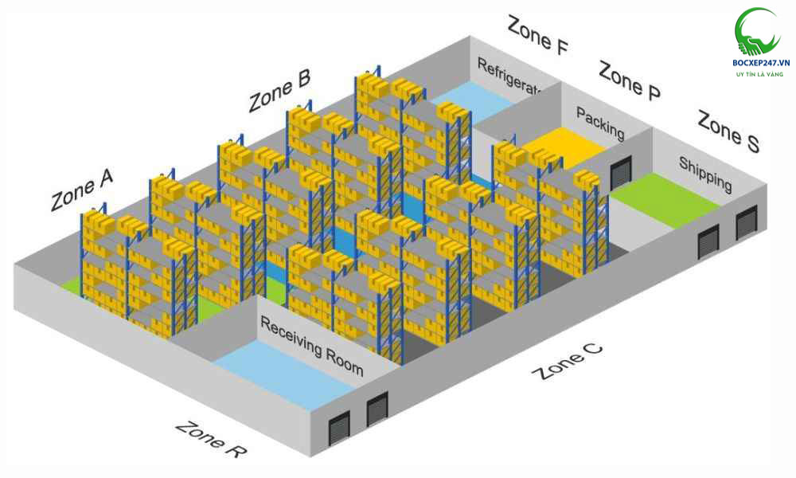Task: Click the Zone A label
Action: click(x=81, y=190)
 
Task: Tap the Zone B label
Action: click(x=279, y=91)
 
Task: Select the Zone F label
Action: click(x=537, y=36)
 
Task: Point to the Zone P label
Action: click(x=629, y=80)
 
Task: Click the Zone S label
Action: click(x=728, y=131)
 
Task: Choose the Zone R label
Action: click(x=210, y=439)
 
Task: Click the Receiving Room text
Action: click(x=311, y=347)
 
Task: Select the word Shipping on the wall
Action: click(x=705, y=174)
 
